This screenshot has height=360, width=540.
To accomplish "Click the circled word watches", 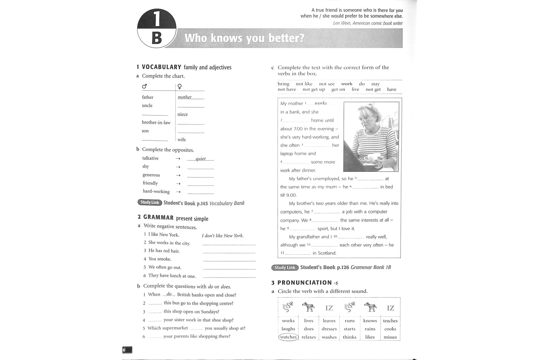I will pyautogui.click(x=288, y=337).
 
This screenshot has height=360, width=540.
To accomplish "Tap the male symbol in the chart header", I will pyautogui.click(x=145, y=86).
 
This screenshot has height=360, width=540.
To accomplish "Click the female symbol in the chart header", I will pyautogui.click(x=179, y=87).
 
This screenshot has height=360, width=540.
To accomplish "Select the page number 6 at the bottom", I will pyautogui.click(x=124, y=350).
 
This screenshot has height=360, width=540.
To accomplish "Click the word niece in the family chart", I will pyautogui.click(x=182, y=114).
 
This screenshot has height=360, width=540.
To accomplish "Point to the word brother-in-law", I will pyautogui.click(x=156, y=122).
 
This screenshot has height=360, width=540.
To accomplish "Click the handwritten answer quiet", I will pyautogui.click(x=200, y=159).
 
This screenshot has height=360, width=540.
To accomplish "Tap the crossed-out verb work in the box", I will pyautogui.click(x=346, y=84).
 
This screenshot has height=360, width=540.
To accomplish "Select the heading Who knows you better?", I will pyautogui.click(x=244, y=38).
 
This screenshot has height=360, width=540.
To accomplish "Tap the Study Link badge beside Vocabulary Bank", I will pyautogui.click(x=150, y=202).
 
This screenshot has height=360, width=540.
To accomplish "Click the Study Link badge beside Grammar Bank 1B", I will pyautogui.click(x=285, y=268).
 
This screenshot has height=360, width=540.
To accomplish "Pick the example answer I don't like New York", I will pyautogui.click(x=223, y=236).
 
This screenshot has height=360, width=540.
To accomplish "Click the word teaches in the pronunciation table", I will pyautogui.click(x=390, y=321).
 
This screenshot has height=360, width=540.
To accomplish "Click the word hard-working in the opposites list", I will pyautogui.click(x=156, y=191).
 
